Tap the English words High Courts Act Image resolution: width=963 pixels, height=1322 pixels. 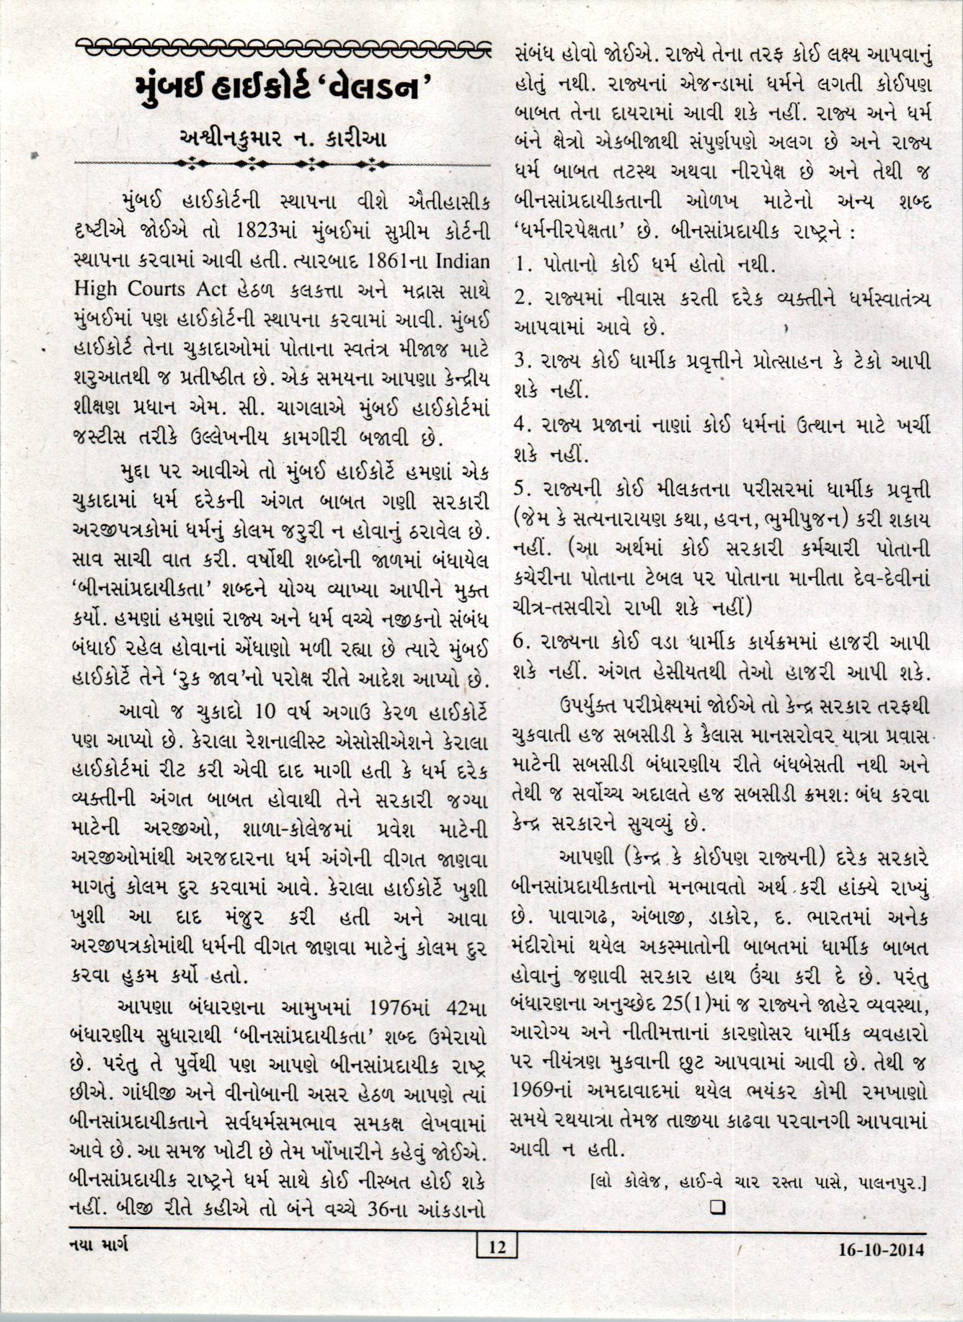point(151,288)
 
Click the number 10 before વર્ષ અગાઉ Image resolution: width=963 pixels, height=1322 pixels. point(257,712)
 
